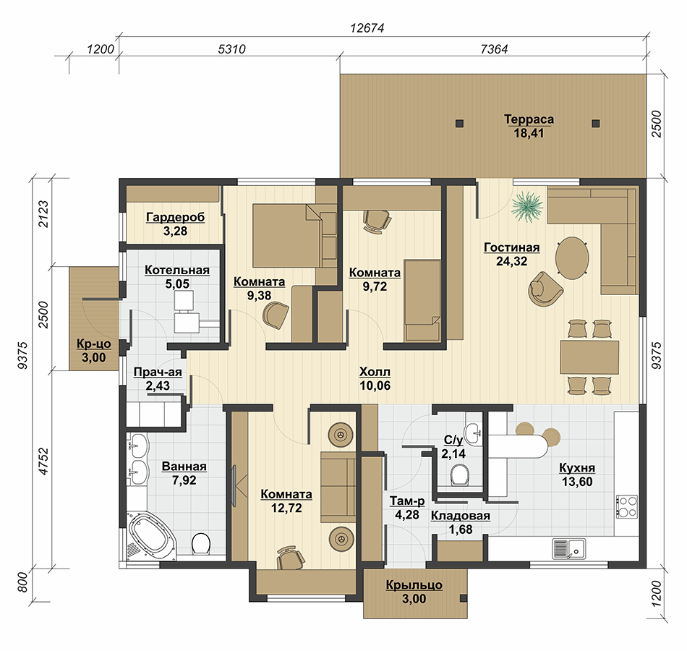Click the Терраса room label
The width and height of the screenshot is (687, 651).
(x=529, y=119)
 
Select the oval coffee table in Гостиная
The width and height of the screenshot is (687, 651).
(x=572, y=258)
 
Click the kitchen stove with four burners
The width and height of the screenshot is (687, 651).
(x=626, y=507)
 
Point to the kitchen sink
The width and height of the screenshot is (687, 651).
(x=568, y=548)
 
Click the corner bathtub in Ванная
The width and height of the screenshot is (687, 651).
(x=150, y=535)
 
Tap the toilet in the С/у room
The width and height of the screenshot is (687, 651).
(x=460, y=475)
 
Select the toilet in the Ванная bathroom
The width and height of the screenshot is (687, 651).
(x=200, y=544)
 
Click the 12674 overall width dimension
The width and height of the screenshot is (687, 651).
(x=367, y=28)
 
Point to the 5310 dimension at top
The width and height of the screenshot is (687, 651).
(x=232, y=48)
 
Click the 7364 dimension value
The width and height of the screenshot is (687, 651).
(x=494, y=48)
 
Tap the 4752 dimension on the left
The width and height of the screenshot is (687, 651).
(x=44, y=461)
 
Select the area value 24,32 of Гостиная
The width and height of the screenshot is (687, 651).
(x=512, y=261)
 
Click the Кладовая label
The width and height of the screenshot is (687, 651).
(x=461, y=516)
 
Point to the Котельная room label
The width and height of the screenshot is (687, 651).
(x=177, y=270)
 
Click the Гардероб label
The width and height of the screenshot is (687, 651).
(x=175, y=217)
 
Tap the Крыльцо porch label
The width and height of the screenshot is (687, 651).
(x=414, y=584)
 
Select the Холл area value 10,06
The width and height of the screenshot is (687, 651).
(x=375, y=386)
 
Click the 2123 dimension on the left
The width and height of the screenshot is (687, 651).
(x=44, y=214)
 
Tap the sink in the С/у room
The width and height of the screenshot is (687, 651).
(x=474, y=433)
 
